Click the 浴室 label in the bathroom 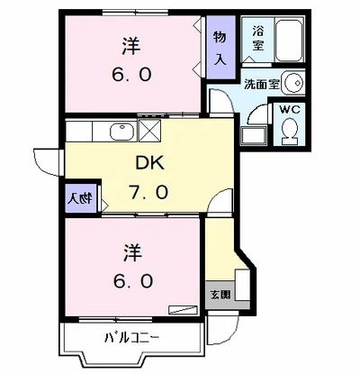point(257,39)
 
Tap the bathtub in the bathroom point(289,41)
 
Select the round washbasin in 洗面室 point(294,82)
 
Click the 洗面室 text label point(262,85)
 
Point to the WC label point(290,110)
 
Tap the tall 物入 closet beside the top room point(220,47)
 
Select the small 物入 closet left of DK point(81,198)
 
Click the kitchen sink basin point(122,132)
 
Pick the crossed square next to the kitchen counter point(150,131)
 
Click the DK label point(150,164)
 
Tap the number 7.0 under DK point(148,192)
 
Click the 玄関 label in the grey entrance point(220,295)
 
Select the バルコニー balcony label point(131,338)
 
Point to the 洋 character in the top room point(131,46)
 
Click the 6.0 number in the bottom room point(132,281)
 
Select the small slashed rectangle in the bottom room point(183,310)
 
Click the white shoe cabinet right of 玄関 point(242,285)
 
